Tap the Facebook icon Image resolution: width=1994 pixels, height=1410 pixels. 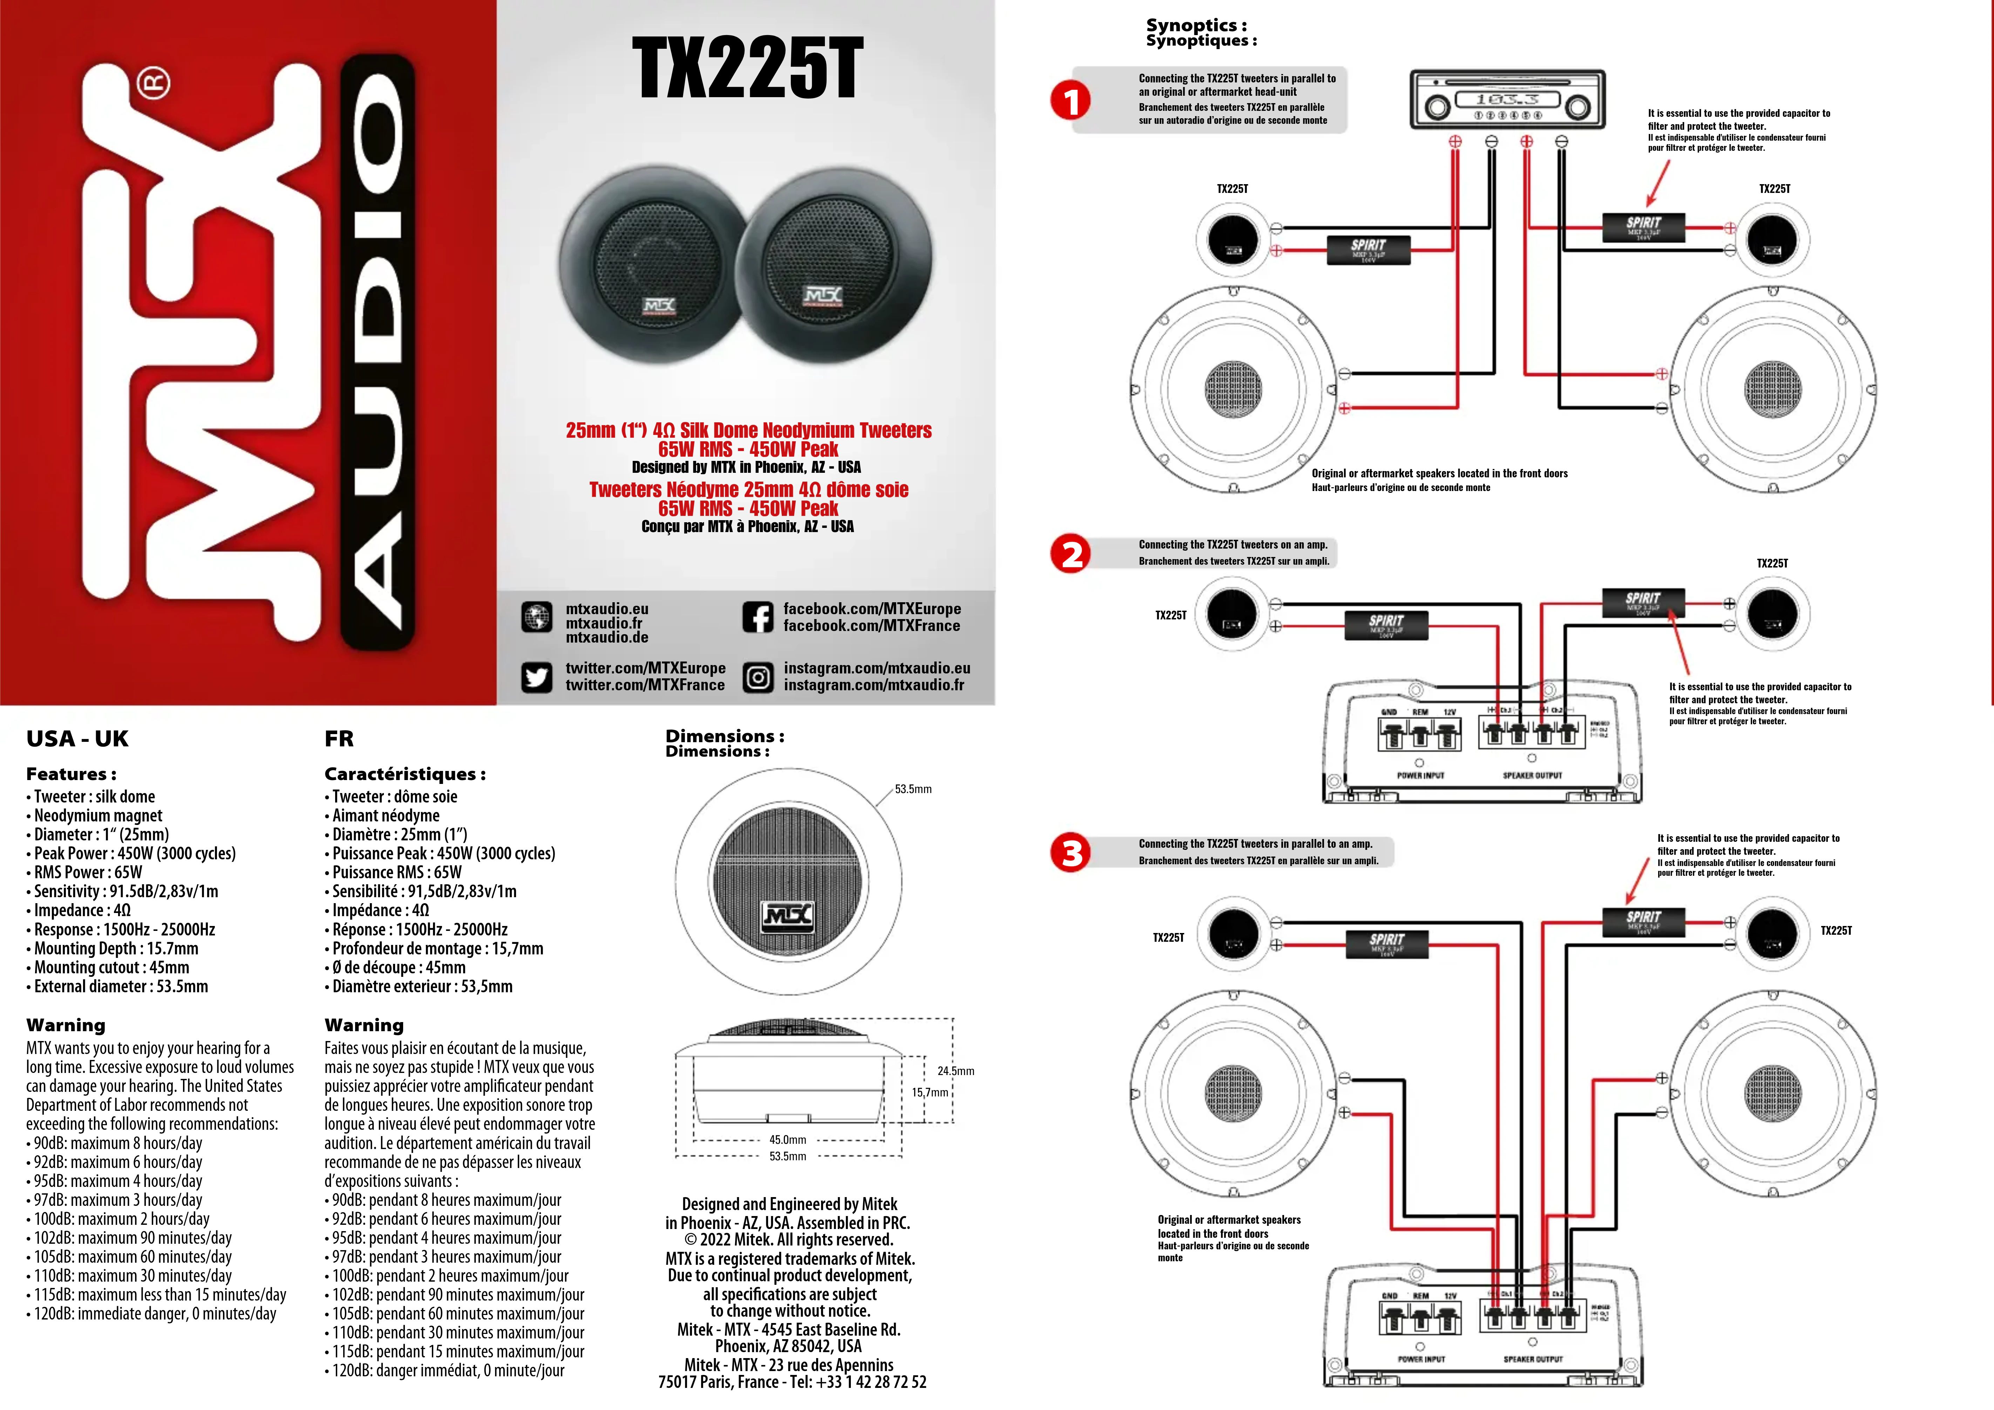pyautogui.click(x=757, y=617)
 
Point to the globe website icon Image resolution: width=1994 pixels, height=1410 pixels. pyautogui.click(x=537, y=617)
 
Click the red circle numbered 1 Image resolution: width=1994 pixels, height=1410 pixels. pyautogui.click(x=1071, y=101)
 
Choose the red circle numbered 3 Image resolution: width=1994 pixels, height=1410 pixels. pyautogui.click(x=1071, y=853)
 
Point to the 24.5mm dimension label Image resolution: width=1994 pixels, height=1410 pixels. pyautogui.click(x=955, y=1071)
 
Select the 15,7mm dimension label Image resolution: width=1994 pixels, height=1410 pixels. pyautogui.click(x=929, y=1092)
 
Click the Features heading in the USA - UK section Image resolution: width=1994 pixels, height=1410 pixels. pyautogui.click(x=71, y=774)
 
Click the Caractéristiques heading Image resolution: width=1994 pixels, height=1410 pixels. pyautogui.click(x=405, y=774)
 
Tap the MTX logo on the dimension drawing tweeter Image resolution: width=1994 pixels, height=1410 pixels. pyautogui.click(x=788, y=915)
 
